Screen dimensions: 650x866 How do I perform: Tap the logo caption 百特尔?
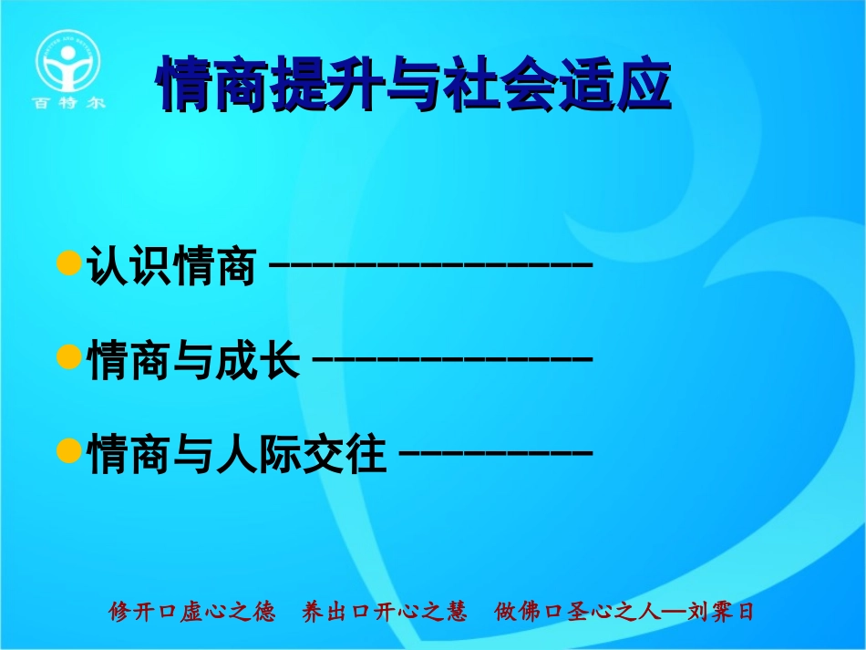pos(69,103)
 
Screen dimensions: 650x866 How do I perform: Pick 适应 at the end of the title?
pos(629,85)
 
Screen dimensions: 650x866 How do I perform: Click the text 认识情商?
pos(170,267)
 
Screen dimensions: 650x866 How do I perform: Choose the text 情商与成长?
pos(193,360)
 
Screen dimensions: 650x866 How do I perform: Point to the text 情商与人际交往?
pos(237,453)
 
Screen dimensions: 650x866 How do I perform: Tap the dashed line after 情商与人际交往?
pos(497,452)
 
